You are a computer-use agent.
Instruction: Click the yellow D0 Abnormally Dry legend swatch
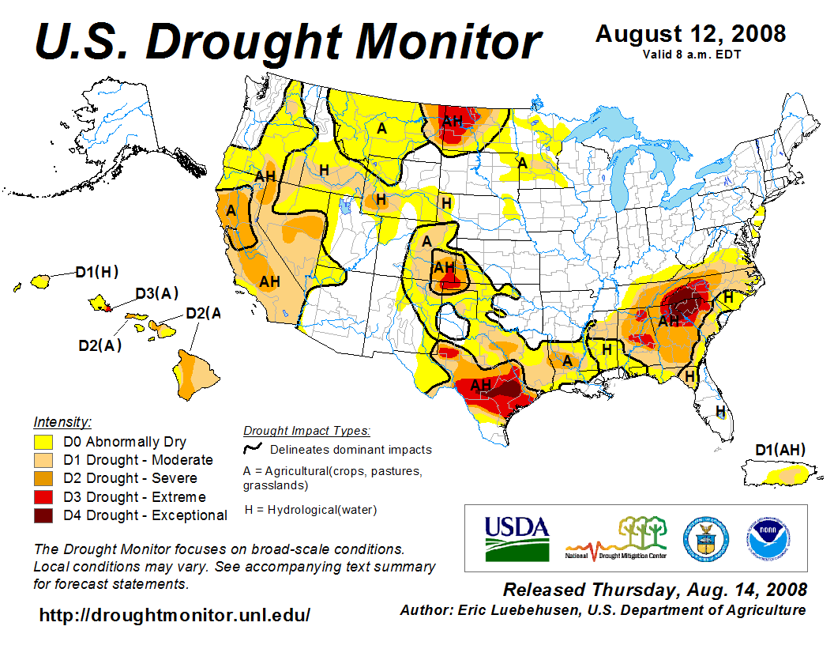point(43,442)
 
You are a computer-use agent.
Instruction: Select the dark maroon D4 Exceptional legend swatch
point(43,515)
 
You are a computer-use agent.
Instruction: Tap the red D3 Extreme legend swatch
point(43,497)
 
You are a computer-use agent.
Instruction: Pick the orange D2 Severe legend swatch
point(43,478)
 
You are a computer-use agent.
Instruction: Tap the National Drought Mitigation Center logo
point(616,538)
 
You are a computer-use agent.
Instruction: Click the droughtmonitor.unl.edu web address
point(175,614)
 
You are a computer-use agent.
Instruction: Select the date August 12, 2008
point(690,34)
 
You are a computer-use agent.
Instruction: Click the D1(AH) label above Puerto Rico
point(780,451)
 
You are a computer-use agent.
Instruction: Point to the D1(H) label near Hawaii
point(96,273)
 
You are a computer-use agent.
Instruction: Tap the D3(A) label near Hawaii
point(156,294)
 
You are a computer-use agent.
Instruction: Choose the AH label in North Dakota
point(453,121)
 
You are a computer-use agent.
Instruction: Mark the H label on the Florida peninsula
point(720,410)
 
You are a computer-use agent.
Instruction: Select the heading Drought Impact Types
point(306,431)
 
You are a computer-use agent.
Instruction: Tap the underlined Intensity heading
point(62,421)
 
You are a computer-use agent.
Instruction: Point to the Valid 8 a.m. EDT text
point(691,55)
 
